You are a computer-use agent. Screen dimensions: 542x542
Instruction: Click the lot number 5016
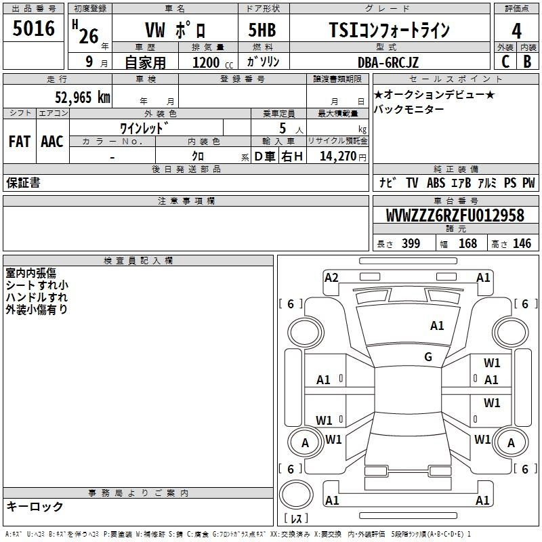coord(33,28)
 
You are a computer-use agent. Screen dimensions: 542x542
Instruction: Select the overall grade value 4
coord(516,31)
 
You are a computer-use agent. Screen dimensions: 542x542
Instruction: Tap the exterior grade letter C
coord(505,62)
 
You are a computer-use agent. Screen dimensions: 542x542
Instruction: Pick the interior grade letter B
coord(527,62)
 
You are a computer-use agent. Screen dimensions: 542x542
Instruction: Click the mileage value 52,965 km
coord(83,97)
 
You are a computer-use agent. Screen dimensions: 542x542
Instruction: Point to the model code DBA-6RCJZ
coord(388,62)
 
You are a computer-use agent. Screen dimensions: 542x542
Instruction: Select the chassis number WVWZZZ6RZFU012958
coord(455,215)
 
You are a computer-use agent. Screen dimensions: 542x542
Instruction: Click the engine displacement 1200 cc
coord(213,62)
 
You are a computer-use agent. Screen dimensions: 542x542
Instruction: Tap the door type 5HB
coord(262,30)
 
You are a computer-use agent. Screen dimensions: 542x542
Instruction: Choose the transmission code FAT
coord(20,142)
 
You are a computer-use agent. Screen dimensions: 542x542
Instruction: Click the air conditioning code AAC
coord(52,142)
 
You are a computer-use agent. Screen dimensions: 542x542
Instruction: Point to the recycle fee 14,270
coord(338,157)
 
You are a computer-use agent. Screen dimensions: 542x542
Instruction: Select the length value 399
coord(411,243)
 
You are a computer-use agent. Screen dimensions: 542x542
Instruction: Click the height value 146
coord(522,243)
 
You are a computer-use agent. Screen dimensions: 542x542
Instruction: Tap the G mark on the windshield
coord(428,356)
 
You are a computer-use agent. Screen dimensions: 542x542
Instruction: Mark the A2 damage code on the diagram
coord(331,278)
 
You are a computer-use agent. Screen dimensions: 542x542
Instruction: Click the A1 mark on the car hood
coord(437,325)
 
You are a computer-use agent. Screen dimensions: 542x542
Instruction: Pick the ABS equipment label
coord(436,183)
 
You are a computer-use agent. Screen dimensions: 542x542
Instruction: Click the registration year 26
coord(89,36)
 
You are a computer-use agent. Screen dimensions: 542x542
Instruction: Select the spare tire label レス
coord(296,518)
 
